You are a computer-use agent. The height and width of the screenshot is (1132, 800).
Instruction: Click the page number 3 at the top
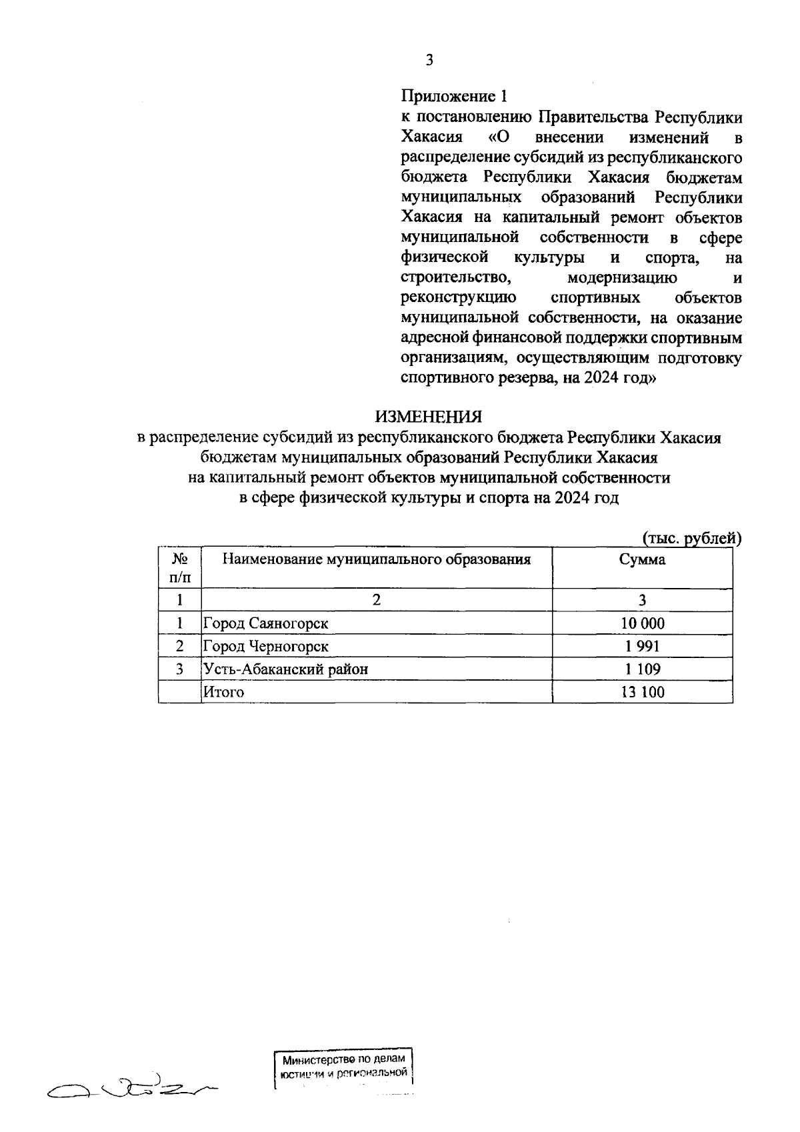[x=429, y=61]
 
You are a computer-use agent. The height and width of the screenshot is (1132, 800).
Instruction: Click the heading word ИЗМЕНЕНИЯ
[x=428, y=417]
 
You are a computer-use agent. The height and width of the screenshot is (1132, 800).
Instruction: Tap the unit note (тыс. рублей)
[x=691, y=537]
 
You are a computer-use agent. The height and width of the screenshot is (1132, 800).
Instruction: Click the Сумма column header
[x=642, y=560]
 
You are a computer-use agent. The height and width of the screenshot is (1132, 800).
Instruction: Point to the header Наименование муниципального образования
[x=377, y=559]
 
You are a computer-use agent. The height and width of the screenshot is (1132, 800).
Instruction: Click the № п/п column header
[x=179, y=567]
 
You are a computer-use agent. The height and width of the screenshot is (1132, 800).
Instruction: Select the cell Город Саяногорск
[x=266, y=624]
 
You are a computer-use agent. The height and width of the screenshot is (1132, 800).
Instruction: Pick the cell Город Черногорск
[x=266, y=647]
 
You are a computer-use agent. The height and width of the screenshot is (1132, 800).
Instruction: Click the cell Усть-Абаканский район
[x=285, y=669]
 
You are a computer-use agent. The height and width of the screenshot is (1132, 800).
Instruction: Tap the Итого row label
[x=223, y=692]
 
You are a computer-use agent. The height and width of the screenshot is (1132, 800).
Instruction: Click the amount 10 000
[x=642, y=624]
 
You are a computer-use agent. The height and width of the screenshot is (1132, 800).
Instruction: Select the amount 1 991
[x=642, y=647]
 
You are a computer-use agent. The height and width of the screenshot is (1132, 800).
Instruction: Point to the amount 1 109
[x=642, y=669]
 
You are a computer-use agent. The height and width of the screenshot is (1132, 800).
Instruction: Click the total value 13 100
[x=642, y=692]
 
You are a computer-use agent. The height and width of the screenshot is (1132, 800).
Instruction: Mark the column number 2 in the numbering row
[x=377, y=600]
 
